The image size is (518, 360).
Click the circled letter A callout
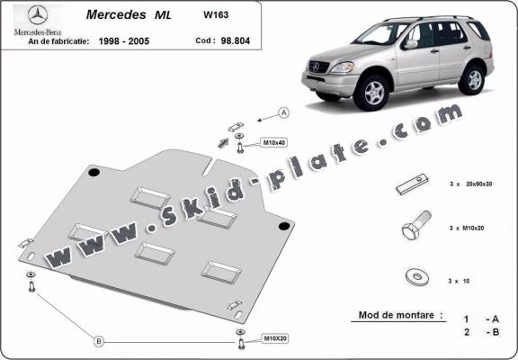282,112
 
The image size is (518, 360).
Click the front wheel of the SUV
374,93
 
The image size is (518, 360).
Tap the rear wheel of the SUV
473,79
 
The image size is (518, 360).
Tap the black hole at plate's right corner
284,225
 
